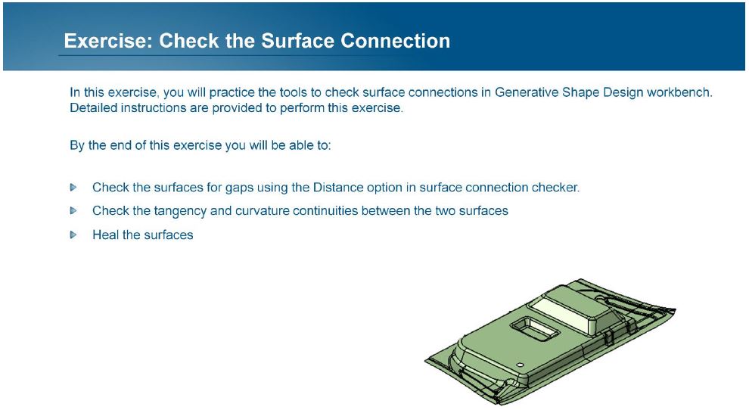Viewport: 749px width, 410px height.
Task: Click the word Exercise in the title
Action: [x=108, y=41]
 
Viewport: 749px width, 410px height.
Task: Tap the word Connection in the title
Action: [x=395, y=41]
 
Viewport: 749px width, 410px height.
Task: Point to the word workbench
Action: [x=679, y=92]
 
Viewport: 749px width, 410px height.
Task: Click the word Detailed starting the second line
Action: [x=93, y=108]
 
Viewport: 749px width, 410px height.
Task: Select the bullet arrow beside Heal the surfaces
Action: [x=73, y=235]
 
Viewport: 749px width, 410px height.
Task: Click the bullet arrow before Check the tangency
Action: [x=73, y=210]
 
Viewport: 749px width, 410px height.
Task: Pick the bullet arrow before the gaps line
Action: [x=73, y=187]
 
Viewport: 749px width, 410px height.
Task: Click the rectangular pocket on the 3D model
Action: [x=535, y=328]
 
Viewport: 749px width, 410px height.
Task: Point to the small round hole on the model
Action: [x=521, y=365]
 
